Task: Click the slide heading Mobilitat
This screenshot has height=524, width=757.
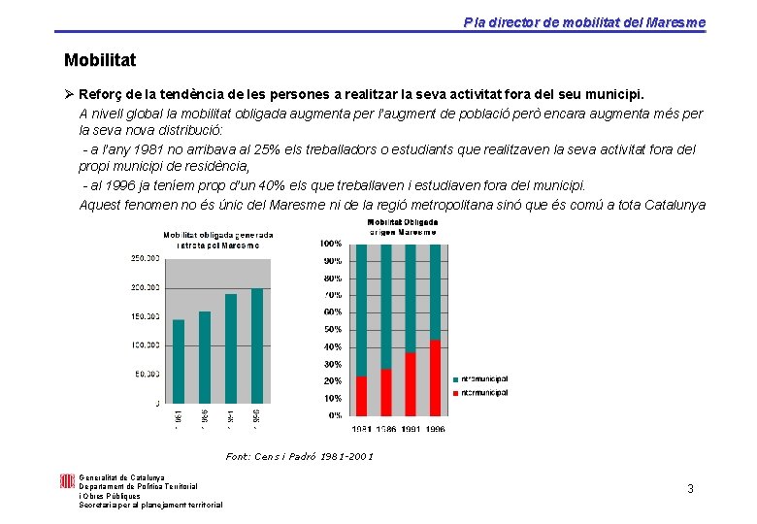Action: click(x=100, y=60)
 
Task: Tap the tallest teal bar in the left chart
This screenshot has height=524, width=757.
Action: click(x=257, y=345)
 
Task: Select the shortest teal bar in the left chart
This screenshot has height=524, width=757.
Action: click(x=179, y=361)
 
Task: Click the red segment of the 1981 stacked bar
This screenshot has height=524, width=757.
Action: click(x=362, y=396)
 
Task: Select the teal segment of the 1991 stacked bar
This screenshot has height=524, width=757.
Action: click(x=411, y=298)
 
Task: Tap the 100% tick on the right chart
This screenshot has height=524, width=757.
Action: click(x=331, y=244)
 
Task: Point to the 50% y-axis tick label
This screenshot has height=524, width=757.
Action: click(x=332, y=330)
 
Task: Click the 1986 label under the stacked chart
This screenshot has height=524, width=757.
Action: click(x=385, y=429)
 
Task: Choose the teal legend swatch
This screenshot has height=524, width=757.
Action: click(x=455, y=378)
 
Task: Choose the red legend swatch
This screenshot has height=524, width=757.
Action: click(x=455, y=393)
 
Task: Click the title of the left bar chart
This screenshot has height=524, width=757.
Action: click(x=217, y=240)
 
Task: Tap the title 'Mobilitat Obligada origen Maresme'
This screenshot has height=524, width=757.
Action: click(x=402, y=227)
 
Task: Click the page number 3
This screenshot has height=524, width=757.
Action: click(x=690, y=488)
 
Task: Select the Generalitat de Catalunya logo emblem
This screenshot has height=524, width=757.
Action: click(x=67, y=481)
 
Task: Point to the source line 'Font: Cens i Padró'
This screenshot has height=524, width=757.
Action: click(x=299, y=456)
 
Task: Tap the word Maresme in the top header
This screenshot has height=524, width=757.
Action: click(x=678, y=22)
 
